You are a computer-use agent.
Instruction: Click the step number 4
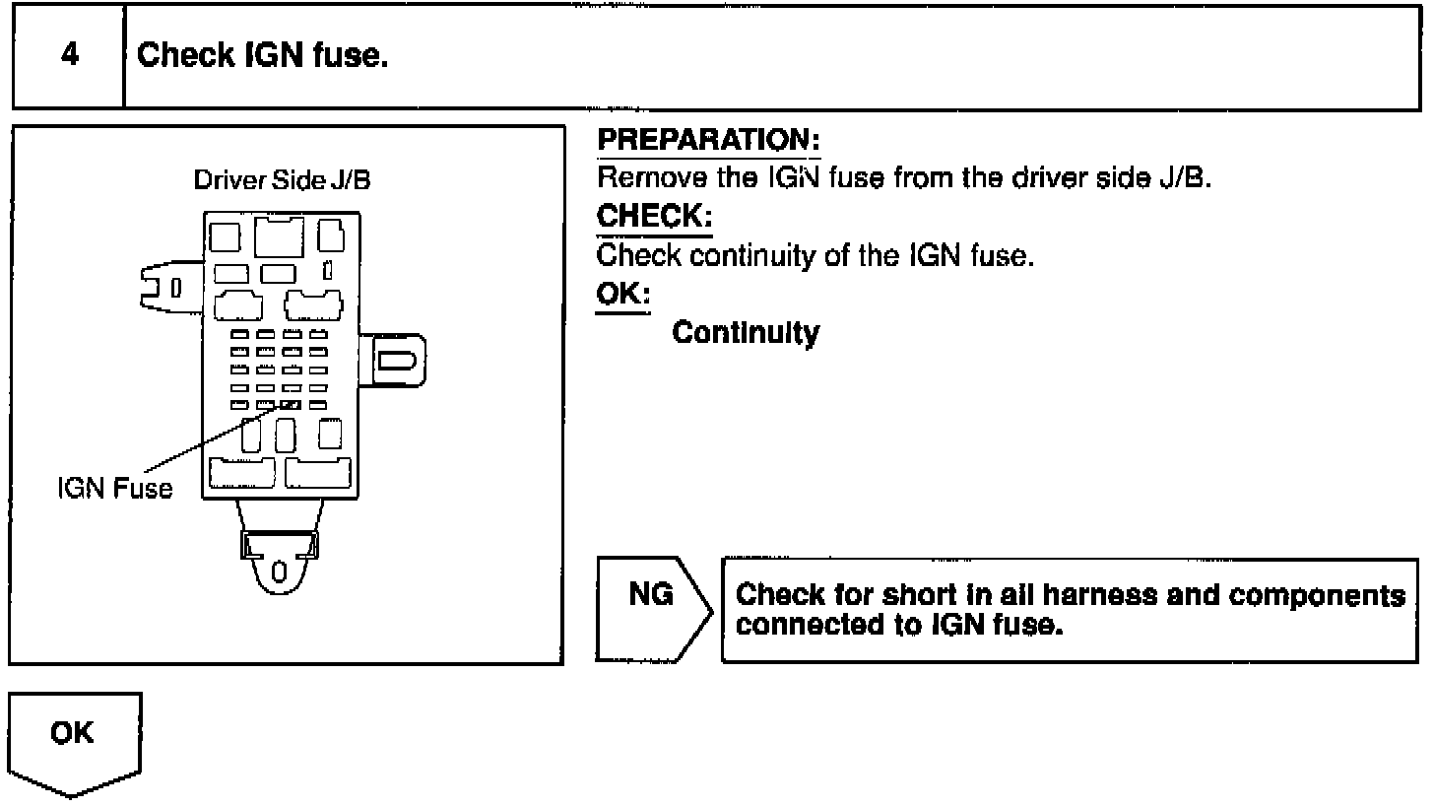[x=69, y=55]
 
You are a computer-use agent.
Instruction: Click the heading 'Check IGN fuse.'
[x=263, y=55]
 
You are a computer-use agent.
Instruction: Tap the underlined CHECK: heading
[x=654, y=217]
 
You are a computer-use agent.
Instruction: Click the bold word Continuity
[x=746, y=333]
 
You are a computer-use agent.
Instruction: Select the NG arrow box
[x=652, y=610]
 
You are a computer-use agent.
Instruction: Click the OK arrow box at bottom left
[x=75, y=741]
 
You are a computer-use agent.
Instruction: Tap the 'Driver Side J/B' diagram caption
[x=282, y=181]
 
